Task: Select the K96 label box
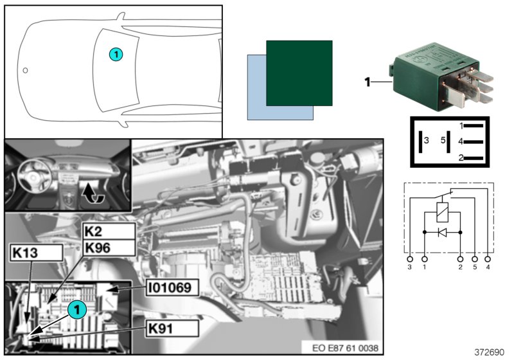(109, 248)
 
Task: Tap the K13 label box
(37, 253)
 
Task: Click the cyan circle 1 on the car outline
(115, 55)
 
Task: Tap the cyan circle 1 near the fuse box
(77, 310)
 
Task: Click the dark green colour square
(299, 73)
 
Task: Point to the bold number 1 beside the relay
(368, 82)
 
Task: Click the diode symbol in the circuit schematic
(442, 231)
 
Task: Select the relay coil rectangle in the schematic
(442, 210)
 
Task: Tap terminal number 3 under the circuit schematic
(410, 265)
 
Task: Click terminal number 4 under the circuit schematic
(488, 265)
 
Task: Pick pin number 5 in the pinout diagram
(442, 139)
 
